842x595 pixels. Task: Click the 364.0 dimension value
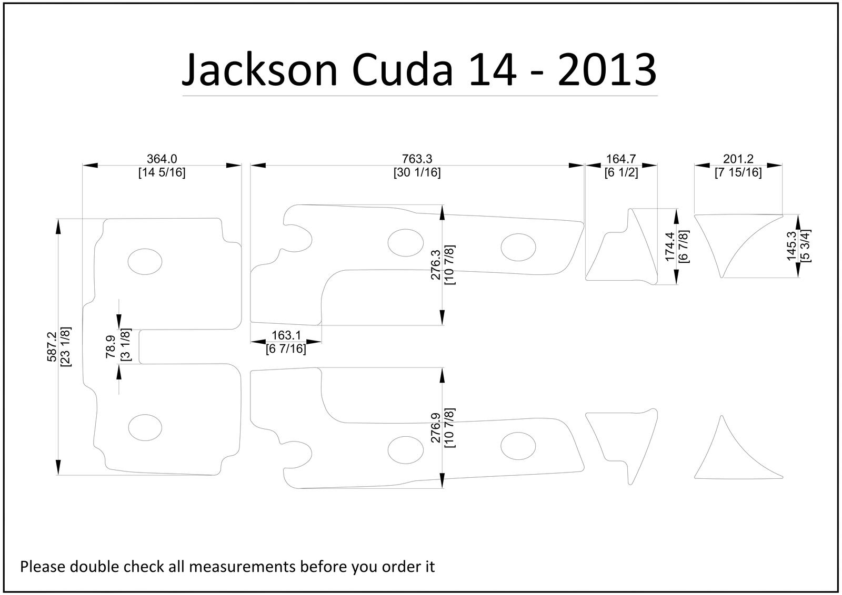point(162,159)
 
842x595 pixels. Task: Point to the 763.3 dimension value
point(417,159)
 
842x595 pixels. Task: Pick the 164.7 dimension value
point(621,159)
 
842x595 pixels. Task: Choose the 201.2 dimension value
point(738,159)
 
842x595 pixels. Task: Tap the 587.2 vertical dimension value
point(52,346)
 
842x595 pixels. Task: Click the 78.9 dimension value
point(111,347)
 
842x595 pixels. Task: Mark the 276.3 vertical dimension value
point(436,264)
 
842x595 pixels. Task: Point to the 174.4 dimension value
point(670,247)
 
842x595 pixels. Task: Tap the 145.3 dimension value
point(791,246)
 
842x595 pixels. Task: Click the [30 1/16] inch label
point(417,172)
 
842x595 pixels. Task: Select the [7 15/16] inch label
point(738,172)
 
